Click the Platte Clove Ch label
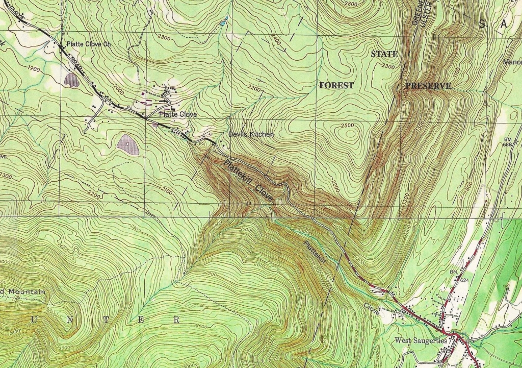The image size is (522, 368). (89, 44)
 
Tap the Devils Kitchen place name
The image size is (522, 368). (251, 134)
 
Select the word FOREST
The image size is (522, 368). (336, 85)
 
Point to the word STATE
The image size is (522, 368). (384, 54)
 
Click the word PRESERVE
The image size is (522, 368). (428, 86)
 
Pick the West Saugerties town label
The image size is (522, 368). (421, 340)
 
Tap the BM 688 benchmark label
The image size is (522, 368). (507, 142)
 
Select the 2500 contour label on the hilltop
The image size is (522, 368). (347, 126)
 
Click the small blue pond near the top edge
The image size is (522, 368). (222, 23)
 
